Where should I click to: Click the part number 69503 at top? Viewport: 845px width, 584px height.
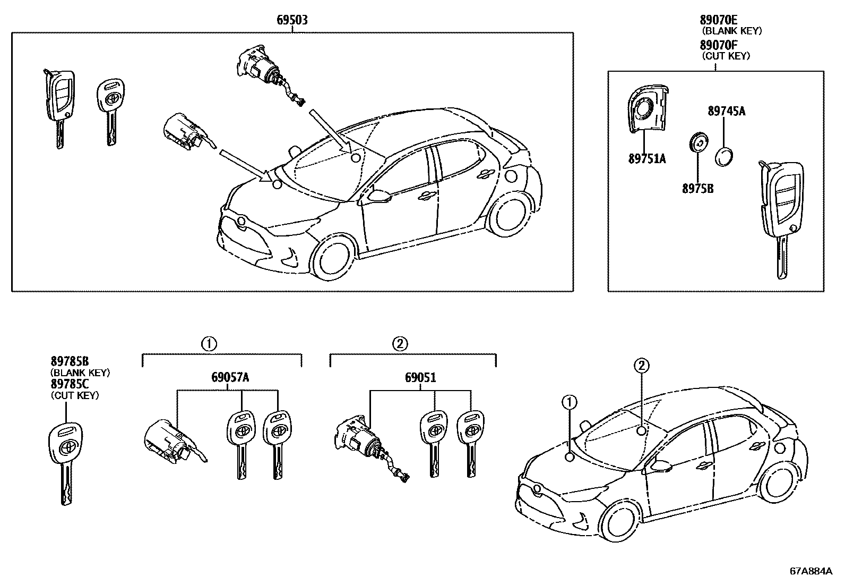click(292, 20)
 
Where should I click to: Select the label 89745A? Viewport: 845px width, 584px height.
click(726, 111)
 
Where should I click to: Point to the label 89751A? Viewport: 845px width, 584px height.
click(646, 159)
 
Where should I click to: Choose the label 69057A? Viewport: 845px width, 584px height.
click(230, 378)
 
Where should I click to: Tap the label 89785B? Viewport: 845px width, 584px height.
click(70, 362)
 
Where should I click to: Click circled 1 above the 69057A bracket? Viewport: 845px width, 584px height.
click(209, 344)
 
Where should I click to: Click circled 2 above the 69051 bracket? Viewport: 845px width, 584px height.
click(400, 344)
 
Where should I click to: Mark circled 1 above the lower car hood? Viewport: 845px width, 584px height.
click(569, 403)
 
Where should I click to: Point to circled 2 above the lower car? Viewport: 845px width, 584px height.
click(641, 365)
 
